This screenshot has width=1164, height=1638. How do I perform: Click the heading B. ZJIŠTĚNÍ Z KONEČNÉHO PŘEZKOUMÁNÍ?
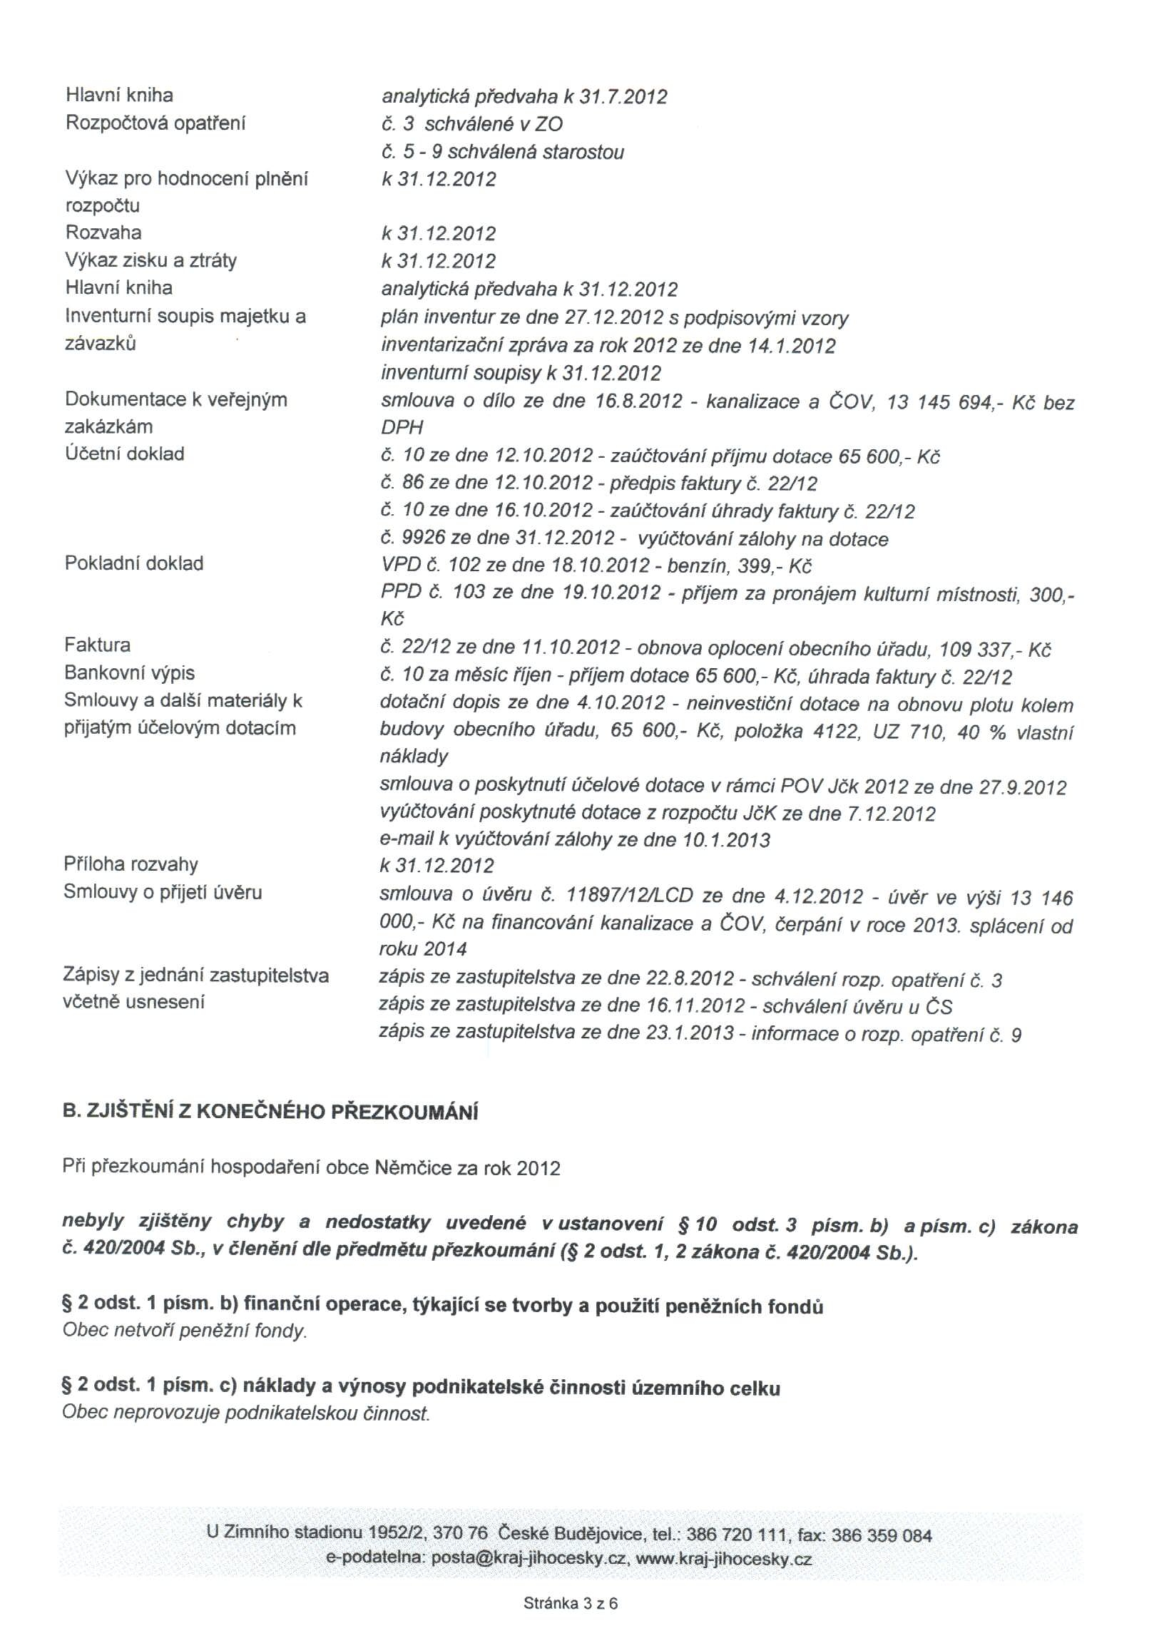tap(270, 1111)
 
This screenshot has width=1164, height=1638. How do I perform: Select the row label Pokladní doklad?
tap(134, 563)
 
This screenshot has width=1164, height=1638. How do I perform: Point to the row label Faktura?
tap(98, 645)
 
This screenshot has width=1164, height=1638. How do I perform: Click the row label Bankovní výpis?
tap(130, 673)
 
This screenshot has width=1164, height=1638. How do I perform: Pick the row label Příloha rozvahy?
tap(131, 864)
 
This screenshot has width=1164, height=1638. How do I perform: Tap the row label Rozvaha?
tap(103, 232)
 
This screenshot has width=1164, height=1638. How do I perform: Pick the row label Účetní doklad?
tap(125, 454)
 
